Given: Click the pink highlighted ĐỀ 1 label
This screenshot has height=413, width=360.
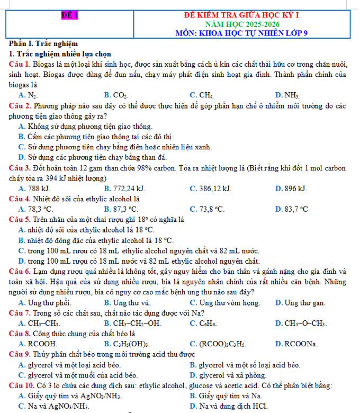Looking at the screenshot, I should click(69, 15).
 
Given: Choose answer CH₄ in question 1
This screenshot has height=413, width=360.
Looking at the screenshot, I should click(204, 95).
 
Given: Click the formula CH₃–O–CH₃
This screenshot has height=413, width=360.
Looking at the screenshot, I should click(304, 323).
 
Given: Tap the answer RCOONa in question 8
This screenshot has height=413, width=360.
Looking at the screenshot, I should click(300, 344).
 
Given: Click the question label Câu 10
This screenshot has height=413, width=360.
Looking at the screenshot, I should click(22, 385).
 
